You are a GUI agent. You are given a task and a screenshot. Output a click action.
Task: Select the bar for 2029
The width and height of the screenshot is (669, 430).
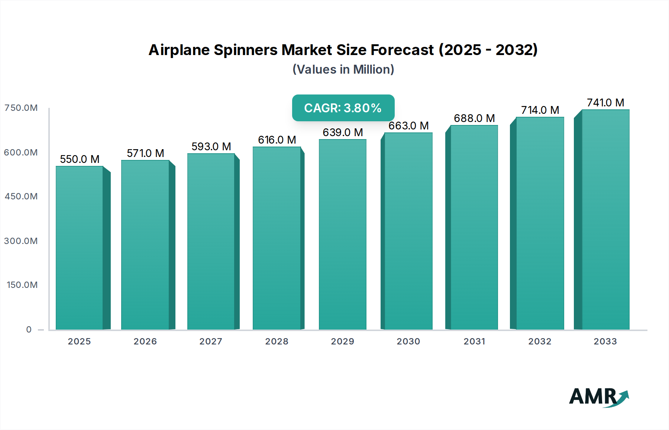[342, 234]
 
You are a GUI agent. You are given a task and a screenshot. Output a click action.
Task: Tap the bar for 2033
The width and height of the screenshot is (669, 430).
[605, 219]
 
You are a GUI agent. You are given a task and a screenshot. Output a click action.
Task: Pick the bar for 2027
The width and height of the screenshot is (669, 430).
[211, 242]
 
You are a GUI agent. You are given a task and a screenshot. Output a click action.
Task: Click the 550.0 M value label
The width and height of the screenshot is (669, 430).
[80, 159]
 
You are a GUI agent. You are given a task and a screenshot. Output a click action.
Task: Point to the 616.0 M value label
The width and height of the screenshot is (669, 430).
[277, 140]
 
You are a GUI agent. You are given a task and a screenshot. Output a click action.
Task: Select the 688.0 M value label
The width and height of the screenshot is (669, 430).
[474, 118]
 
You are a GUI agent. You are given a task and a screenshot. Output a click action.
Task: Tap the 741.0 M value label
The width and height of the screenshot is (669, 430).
[605, 103]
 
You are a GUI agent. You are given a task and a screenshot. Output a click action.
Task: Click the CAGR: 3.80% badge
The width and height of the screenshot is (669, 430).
[343, 108]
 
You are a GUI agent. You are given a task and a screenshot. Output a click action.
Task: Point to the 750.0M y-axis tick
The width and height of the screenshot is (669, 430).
[21, 108]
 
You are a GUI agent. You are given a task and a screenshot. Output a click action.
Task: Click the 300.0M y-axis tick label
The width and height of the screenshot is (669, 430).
[21, 241]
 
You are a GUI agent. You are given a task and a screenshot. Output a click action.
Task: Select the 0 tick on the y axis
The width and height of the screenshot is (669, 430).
[29, 330]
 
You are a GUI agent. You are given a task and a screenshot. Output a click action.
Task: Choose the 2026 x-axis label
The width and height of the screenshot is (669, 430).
[145, 341]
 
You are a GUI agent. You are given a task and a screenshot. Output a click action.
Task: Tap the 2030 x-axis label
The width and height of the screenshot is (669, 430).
[408, 341]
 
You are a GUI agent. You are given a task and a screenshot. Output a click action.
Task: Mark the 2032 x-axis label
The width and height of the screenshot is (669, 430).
[540, 341]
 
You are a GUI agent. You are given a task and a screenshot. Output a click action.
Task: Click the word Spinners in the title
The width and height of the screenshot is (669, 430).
[245, 50]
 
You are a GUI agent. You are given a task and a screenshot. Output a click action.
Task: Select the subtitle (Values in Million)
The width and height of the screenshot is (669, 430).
[343, 70]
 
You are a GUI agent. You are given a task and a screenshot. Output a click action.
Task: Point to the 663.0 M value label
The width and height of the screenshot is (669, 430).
[408, 126]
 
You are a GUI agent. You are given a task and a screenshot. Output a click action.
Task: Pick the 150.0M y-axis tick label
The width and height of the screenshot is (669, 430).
[22, 285]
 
